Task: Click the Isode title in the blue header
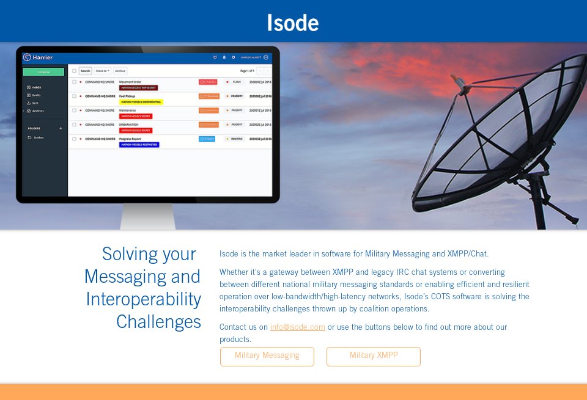(x=293, y=23)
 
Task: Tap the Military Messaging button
(x=267, y=356)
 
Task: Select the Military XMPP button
(x=374, y=356)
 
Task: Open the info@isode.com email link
(x=298, y=327)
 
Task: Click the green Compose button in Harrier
(x=43, y=72)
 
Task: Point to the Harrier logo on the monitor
(x=38, y=57)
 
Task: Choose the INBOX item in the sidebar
(x=36, y=88)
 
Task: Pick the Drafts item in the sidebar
(x=35, y=95)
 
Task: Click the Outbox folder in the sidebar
(x=38, y=137)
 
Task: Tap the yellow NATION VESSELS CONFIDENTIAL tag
(x=140, y=102)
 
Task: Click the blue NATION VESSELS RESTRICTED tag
(x=139, y=145)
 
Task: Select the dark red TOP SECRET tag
(x=138, y=88)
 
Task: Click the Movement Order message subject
(x=130, y=81)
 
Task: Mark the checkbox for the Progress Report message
(x=74, y=139)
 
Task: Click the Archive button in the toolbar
(x=120, y=71)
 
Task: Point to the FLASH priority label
(x=236, y=82)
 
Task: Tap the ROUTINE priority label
(x=235, y=139)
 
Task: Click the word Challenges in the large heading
(x=158, y=321)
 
